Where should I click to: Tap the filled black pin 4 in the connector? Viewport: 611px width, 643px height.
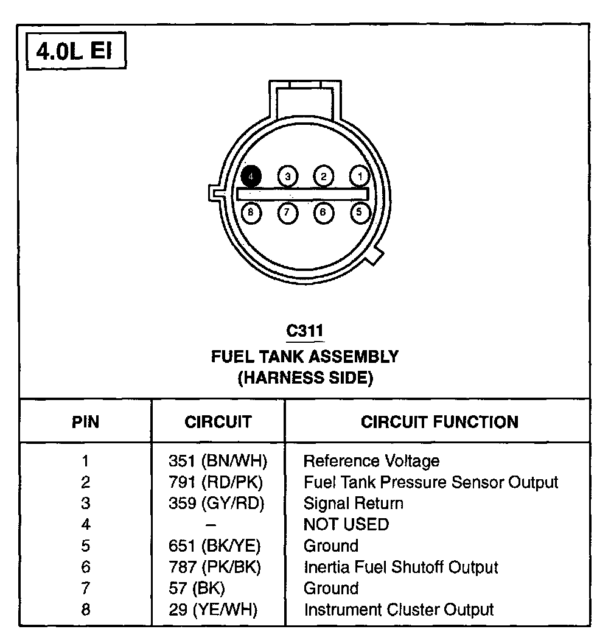(x=251, y=177)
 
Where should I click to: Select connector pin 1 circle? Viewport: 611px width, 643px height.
(x=360, y=177)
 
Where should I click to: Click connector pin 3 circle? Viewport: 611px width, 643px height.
(x=287, y=177)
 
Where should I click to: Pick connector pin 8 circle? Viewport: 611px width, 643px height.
(x=251, y=213)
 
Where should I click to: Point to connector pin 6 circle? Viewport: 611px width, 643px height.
(x=323, y=213)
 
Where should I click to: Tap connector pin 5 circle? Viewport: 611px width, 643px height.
(x=360, y=213)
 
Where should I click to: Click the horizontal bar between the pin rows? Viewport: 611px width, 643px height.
(x=303, y=194)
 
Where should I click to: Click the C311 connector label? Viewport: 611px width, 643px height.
(x=305, y=331)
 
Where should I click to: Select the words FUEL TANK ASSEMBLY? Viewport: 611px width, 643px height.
(x=305, y=356)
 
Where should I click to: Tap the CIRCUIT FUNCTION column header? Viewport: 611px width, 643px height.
(x=439, y=421)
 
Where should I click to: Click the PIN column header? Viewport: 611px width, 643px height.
(x=85, y=421)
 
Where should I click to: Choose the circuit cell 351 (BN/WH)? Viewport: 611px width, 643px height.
(x=217, y=461)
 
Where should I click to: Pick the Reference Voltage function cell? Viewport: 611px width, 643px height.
(x=371, y=461)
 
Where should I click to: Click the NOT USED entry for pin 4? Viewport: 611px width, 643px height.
(x=346, y=524)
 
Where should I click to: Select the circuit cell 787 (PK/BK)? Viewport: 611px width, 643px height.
(x=214, y=567)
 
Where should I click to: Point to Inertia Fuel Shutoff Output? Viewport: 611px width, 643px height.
(x=400, y=567)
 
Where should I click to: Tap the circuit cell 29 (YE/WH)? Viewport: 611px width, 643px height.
(x=213, y=609)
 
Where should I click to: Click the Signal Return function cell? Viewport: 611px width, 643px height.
(x=353, y=503)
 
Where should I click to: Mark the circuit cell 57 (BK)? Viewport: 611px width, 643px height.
(x=197, y=588)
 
